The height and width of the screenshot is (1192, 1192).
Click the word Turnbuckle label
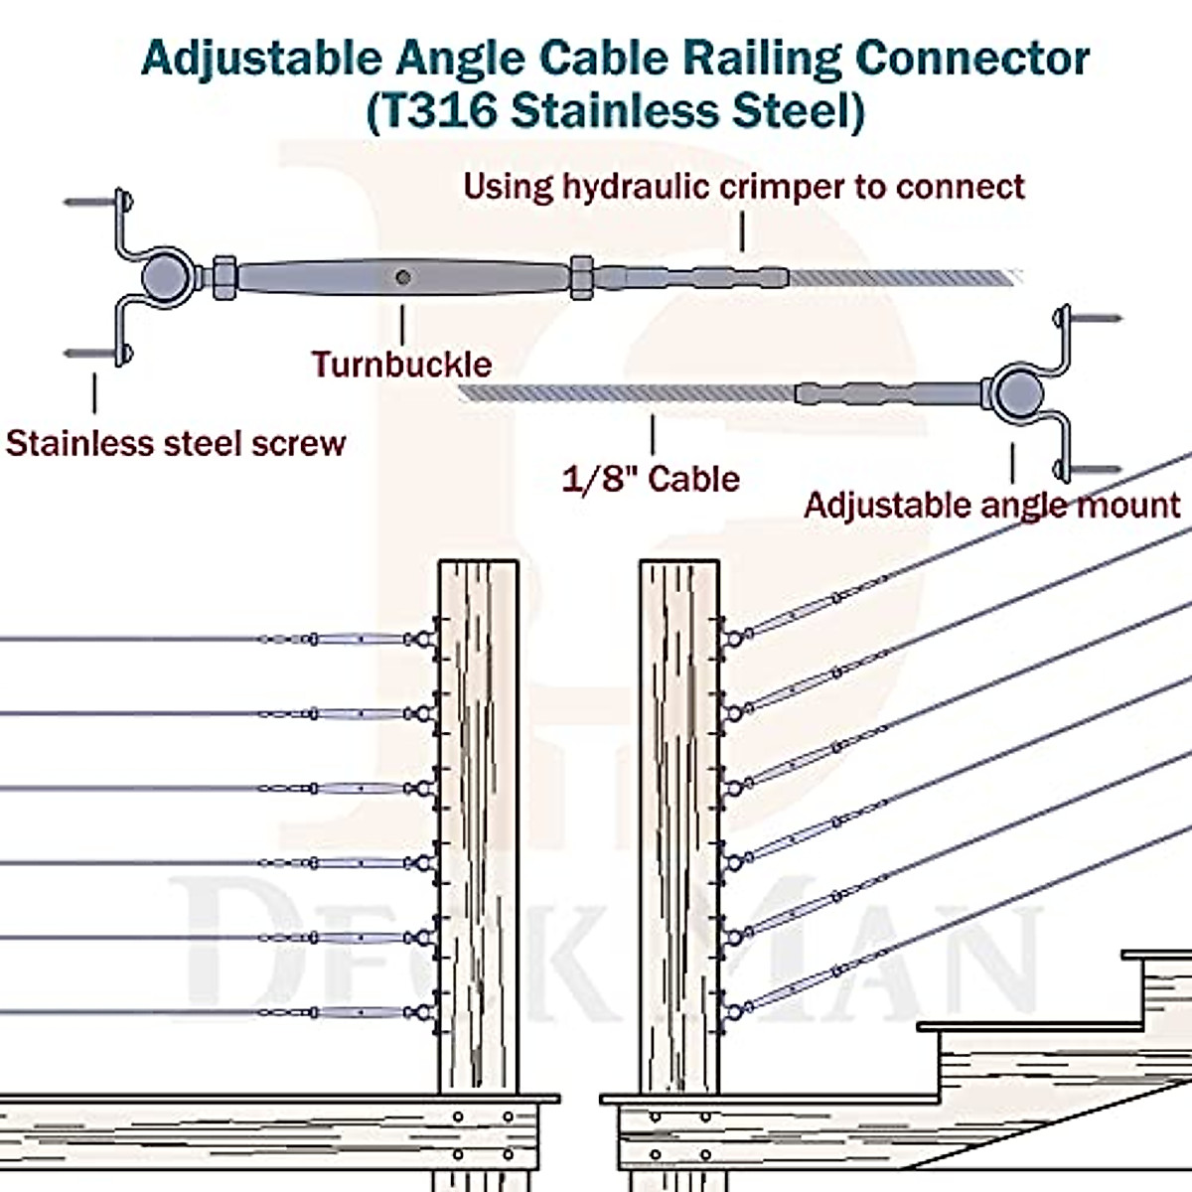(x=401, y=365)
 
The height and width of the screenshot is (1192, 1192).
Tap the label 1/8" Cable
(x=651, y=479)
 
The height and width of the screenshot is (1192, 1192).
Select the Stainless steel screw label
(x=176, y=443)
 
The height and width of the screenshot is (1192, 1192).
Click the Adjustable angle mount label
(x=991, y=505)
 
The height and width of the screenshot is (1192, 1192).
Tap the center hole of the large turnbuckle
(x=402, y=278)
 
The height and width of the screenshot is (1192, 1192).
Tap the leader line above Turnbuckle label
(x=402, y=325)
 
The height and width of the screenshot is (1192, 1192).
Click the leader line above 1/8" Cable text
(x=653, y=434)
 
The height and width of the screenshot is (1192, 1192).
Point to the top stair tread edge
(x=1157, y=956)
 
